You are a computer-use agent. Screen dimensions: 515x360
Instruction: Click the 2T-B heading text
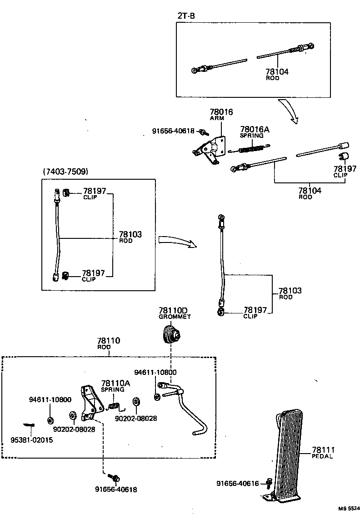pyautogui.click(x=186, y=16)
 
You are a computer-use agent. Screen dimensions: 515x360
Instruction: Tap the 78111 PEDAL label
pyautogui.click(x=322, y=452)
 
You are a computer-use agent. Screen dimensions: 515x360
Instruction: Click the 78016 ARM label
pyautogui.click(x=221, y=114)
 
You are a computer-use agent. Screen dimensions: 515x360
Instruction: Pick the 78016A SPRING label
pyautogui.click(x=255, y=132)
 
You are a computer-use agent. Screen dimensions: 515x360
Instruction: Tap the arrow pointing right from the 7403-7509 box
pyautogui.click(x=177, y=241)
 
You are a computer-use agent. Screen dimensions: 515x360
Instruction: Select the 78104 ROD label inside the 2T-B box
pyautogui.click(x=277, y=74)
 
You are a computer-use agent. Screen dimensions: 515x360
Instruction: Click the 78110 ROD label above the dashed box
pyautogui.click(x=108, y=343)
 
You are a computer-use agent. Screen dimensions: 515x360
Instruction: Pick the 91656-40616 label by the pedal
pyautogui.click(x=238, y=484)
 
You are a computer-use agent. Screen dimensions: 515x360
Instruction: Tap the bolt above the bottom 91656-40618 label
pyautogui.click(x=114, y=478)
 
